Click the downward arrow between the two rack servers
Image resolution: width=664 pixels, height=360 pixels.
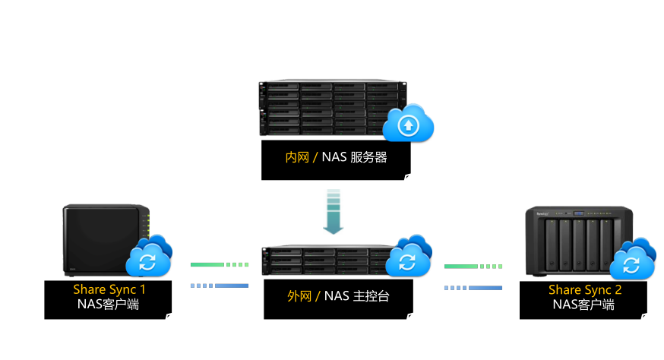(333, 212)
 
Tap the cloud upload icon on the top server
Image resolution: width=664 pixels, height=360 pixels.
(408, 125)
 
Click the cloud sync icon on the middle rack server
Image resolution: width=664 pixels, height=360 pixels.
(408, 257)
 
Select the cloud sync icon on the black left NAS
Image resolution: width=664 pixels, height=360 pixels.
(149, 257)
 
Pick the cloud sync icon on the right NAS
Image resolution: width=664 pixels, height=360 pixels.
(632, 261)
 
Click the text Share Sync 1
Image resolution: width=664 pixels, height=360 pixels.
(109, 289)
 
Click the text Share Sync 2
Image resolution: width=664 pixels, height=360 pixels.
(585, 290)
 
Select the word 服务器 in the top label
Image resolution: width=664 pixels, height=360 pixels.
(369, 157)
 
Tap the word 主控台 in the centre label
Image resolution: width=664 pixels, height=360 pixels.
(372, 295)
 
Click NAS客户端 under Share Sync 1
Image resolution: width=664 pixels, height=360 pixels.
(109, 304)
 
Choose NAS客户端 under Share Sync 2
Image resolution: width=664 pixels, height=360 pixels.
(585, 305)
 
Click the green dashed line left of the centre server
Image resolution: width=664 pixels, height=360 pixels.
(220, 265)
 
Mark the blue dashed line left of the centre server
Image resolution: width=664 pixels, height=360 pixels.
(220, 286)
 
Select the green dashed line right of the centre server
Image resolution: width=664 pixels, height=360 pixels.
(473, 267)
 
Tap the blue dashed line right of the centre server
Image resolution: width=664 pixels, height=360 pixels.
(473, 288)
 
